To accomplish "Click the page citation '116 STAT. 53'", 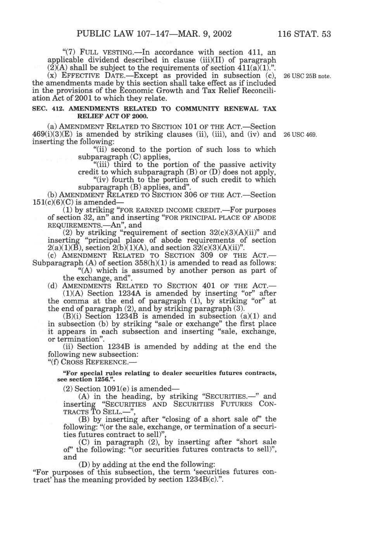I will point(304,34).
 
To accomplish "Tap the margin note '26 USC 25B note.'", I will point(307,76).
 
